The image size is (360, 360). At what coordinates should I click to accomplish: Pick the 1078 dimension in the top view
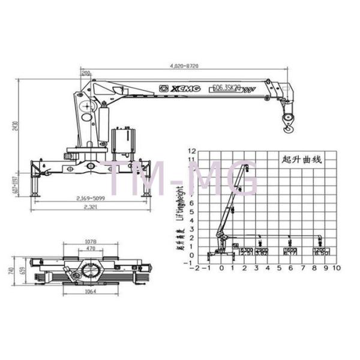(x=91, y=242)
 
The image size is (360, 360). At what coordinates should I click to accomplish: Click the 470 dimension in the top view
(x=91, y=248)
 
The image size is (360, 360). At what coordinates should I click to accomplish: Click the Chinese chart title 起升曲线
(x=302, y=160)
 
